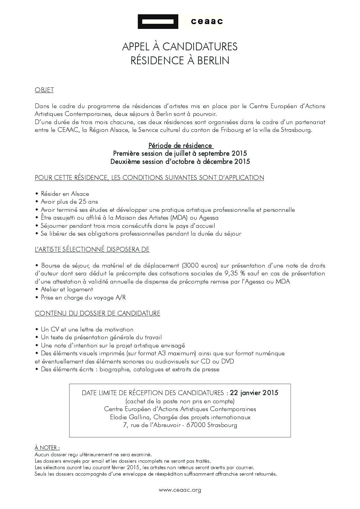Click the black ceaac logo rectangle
click(158, 22)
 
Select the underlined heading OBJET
click(44, 90)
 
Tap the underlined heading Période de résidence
click(180, 146)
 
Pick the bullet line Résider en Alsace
click(65, 194)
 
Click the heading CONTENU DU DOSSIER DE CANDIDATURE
click(97, 313)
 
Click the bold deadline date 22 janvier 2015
click(254, 393)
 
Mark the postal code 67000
click(196, 425)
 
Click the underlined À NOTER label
click(47, 448)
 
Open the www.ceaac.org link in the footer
click(180, 490)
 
